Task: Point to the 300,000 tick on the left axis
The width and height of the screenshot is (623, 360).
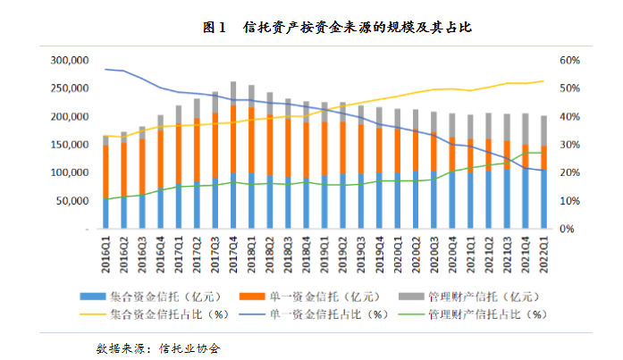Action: click(x=69, y=61)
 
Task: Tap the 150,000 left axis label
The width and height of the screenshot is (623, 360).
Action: click(x=69, y=145)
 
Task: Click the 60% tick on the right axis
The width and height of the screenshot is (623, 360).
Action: click(x=569, y=61)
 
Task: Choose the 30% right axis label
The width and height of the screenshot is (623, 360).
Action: click(x=569, y=145)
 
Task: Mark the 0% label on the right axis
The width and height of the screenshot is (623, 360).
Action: click(x=567, y=229)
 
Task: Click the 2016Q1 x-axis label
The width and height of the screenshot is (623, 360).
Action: click(x=106, y=250)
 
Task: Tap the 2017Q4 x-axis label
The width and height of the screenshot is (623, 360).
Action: click(x=233, y=250)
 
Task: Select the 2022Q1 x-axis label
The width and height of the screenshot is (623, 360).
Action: click(x=543, y=250)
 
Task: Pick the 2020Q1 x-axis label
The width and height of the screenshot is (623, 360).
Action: click(x=397, y=250)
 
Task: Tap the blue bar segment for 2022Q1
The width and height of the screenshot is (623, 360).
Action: click(x=543, y=199)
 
